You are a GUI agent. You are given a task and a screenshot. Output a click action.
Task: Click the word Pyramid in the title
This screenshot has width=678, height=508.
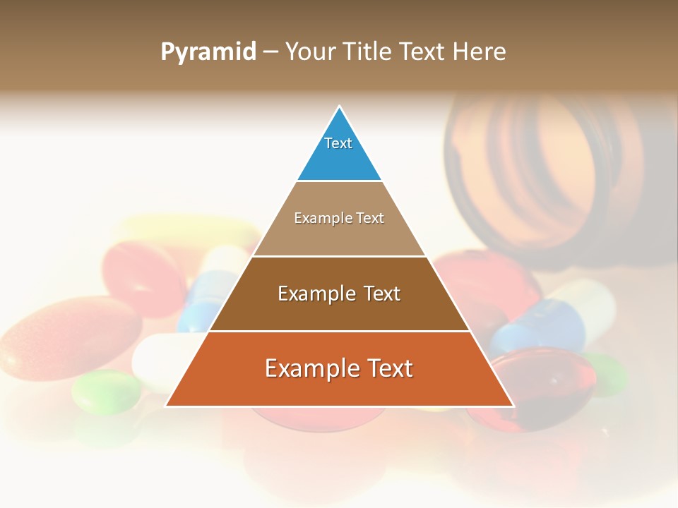pos(208,52)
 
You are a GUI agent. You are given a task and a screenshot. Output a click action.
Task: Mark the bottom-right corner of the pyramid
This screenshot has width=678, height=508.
pos(513,406)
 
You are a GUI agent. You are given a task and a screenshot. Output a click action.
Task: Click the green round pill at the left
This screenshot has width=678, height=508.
pos(107,392)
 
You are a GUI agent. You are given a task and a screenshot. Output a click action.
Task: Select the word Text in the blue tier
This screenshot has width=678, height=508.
pos(338,143)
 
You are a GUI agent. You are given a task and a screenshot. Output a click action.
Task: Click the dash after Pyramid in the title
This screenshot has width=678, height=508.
pos(270,52)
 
